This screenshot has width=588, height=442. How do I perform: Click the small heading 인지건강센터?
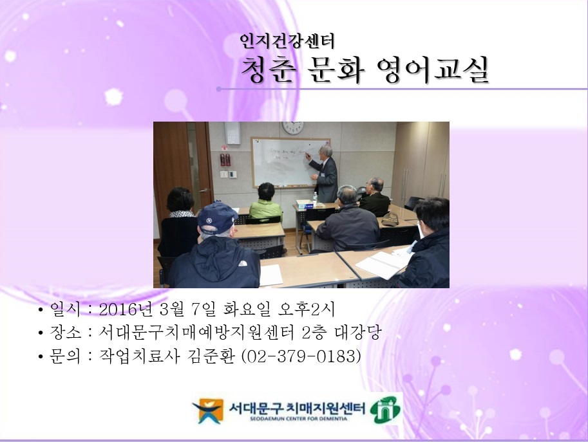pyautogui.click(x=287, y=43)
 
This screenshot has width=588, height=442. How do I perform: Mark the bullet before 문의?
pyautogui.click(x=41, y=356)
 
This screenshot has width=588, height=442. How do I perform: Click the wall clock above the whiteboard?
pyautogui.click(x=293, y=127)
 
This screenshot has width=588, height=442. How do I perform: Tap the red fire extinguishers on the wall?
pyautogui.click(x=224, y=159)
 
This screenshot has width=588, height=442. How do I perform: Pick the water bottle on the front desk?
pyautogui.click(x=315, y=197)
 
